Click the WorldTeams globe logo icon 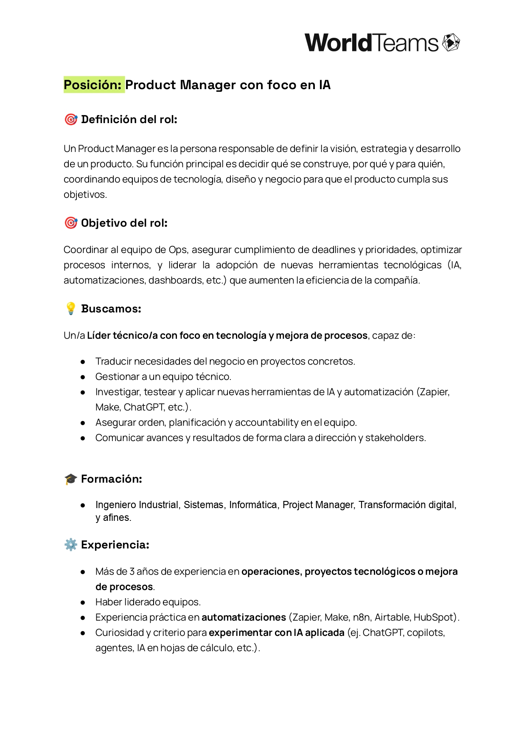pos(451,42)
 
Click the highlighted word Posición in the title pos(93,85)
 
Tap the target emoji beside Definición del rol pos(71,119)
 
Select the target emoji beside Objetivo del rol pos(71,223)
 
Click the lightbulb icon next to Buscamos pos(71,309)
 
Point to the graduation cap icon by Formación pos(70,479)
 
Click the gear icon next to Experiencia pos(70,545)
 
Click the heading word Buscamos pos(111,309)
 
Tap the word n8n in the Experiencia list pos(361,617)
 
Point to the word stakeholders pos(395,438)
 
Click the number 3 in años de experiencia pos(132,571)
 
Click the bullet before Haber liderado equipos pos(83,602)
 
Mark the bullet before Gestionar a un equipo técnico pos(83,377)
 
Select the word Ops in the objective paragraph pos(178,250)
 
